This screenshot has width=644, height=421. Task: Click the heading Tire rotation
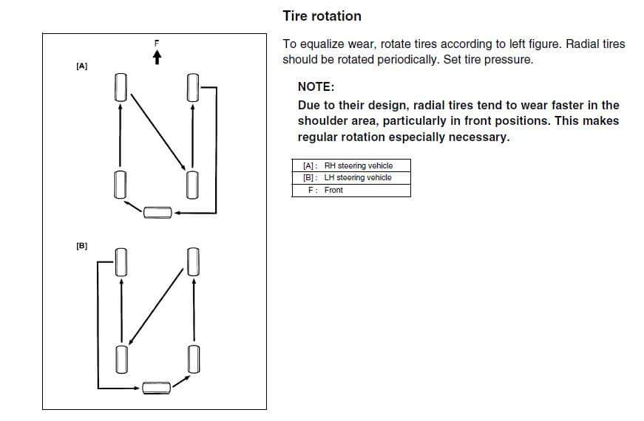tap(322, 16)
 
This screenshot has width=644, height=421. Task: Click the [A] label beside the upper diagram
tap(82, 66)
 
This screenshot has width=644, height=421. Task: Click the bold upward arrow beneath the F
tap(157, 57)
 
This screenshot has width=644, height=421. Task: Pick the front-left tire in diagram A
tap(119, 88)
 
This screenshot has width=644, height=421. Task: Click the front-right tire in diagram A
tap(193, 88)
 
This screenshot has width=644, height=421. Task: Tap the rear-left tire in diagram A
tap(119, 184)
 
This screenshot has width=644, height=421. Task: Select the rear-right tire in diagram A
tap(193, 184)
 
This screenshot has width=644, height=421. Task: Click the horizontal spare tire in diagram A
tap(157, 213)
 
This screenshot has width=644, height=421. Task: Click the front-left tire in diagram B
tap(119, 261)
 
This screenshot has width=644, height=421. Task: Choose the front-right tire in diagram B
tap(193, 261)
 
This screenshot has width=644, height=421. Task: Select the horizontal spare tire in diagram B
tap(157, 386)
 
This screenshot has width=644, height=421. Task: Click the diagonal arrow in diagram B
tap(156, 306)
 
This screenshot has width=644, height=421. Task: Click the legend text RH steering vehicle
tap(359, 165)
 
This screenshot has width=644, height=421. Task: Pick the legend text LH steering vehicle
tap(358, 177)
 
